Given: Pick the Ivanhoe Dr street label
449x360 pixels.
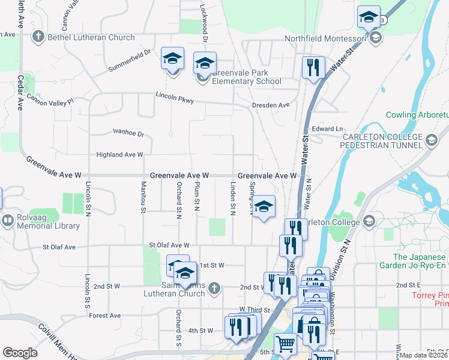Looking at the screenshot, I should coord(129,133).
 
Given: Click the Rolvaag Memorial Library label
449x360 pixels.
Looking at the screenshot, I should coord(46,221).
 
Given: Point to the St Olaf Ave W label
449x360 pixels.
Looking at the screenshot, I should coord(170,245).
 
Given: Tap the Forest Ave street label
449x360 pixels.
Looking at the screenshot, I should coord(106,316).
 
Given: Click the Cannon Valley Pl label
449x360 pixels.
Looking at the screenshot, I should coord(50,101).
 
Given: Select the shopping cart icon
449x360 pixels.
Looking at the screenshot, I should coord(285,344).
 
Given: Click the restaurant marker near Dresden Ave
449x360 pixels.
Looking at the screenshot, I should coord(313,67).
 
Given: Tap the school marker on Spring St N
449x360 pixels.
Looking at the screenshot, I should coord(263,207).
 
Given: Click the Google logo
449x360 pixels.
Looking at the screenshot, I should coord(20,353).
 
